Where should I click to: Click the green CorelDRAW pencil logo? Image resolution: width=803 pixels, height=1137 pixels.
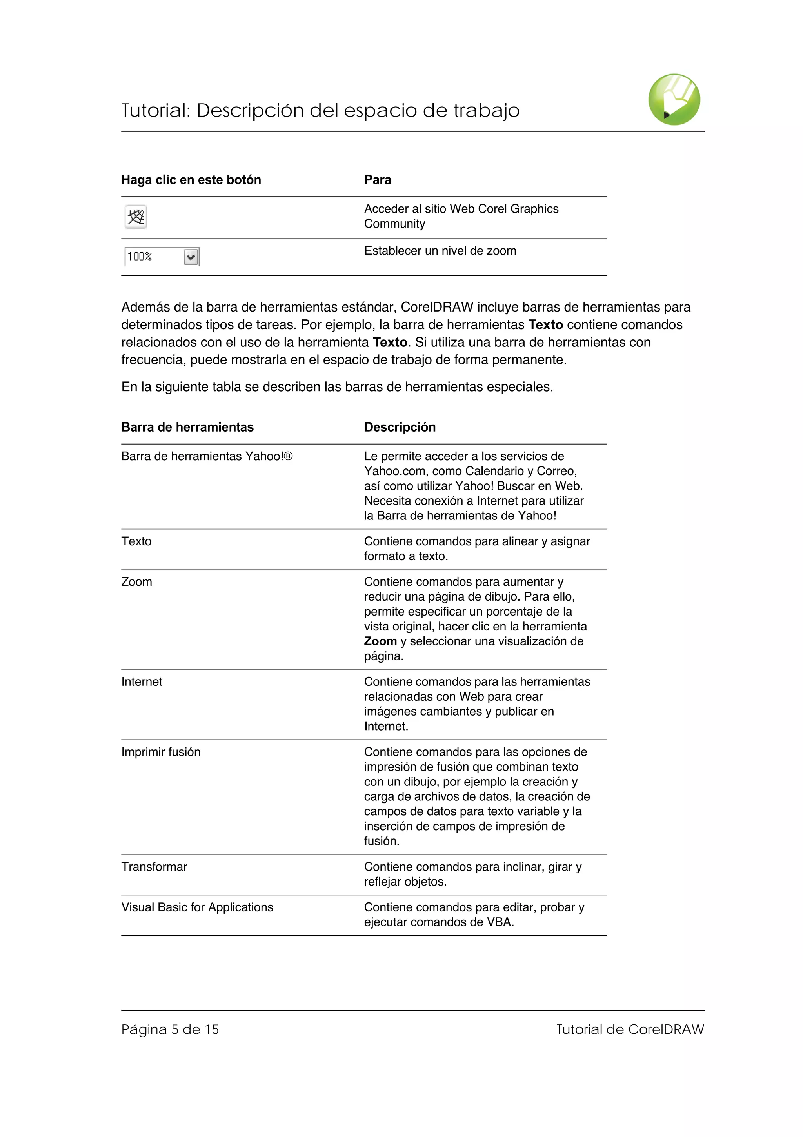(674, 100)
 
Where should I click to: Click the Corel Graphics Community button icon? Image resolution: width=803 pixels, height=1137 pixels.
(136, 217)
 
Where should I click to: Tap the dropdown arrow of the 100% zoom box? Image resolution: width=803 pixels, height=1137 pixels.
(191, 257)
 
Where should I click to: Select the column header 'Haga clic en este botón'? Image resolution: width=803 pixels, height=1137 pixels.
(191, 180)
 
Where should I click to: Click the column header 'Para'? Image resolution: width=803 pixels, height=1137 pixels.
(378, 180)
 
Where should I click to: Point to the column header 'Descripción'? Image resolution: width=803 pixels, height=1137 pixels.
(400, 427)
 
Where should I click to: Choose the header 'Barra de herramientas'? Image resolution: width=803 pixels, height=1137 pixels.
(187, 427)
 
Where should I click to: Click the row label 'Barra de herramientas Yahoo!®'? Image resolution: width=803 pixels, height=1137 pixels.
(207, 456)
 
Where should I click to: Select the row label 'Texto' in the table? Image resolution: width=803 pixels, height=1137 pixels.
(136, 541)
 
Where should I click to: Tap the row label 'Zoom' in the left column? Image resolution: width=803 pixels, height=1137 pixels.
(136, 582)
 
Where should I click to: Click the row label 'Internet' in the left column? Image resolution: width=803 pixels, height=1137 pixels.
(142, 682)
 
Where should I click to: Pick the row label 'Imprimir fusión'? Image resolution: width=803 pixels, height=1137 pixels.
(161, 752)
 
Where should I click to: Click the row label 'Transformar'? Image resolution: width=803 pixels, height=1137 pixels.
(154, 867)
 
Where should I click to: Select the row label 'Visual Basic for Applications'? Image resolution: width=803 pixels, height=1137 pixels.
(197, 907)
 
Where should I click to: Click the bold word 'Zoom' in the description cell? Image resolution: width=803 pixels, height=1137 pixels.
(380, 641)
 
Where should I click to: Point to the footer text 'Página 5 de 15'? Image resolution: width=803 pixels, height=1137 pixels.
(170, 1029)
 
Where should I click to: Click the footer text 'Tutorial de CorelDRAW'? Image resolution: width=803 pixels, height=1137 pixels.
(629, 1029)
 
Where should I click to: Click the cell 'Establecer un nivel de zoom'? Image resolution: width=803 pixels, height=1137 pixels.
(440, 251)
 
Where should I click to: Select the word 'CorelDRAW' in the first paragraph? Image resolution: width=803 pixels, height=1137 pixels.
(437, 307)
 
